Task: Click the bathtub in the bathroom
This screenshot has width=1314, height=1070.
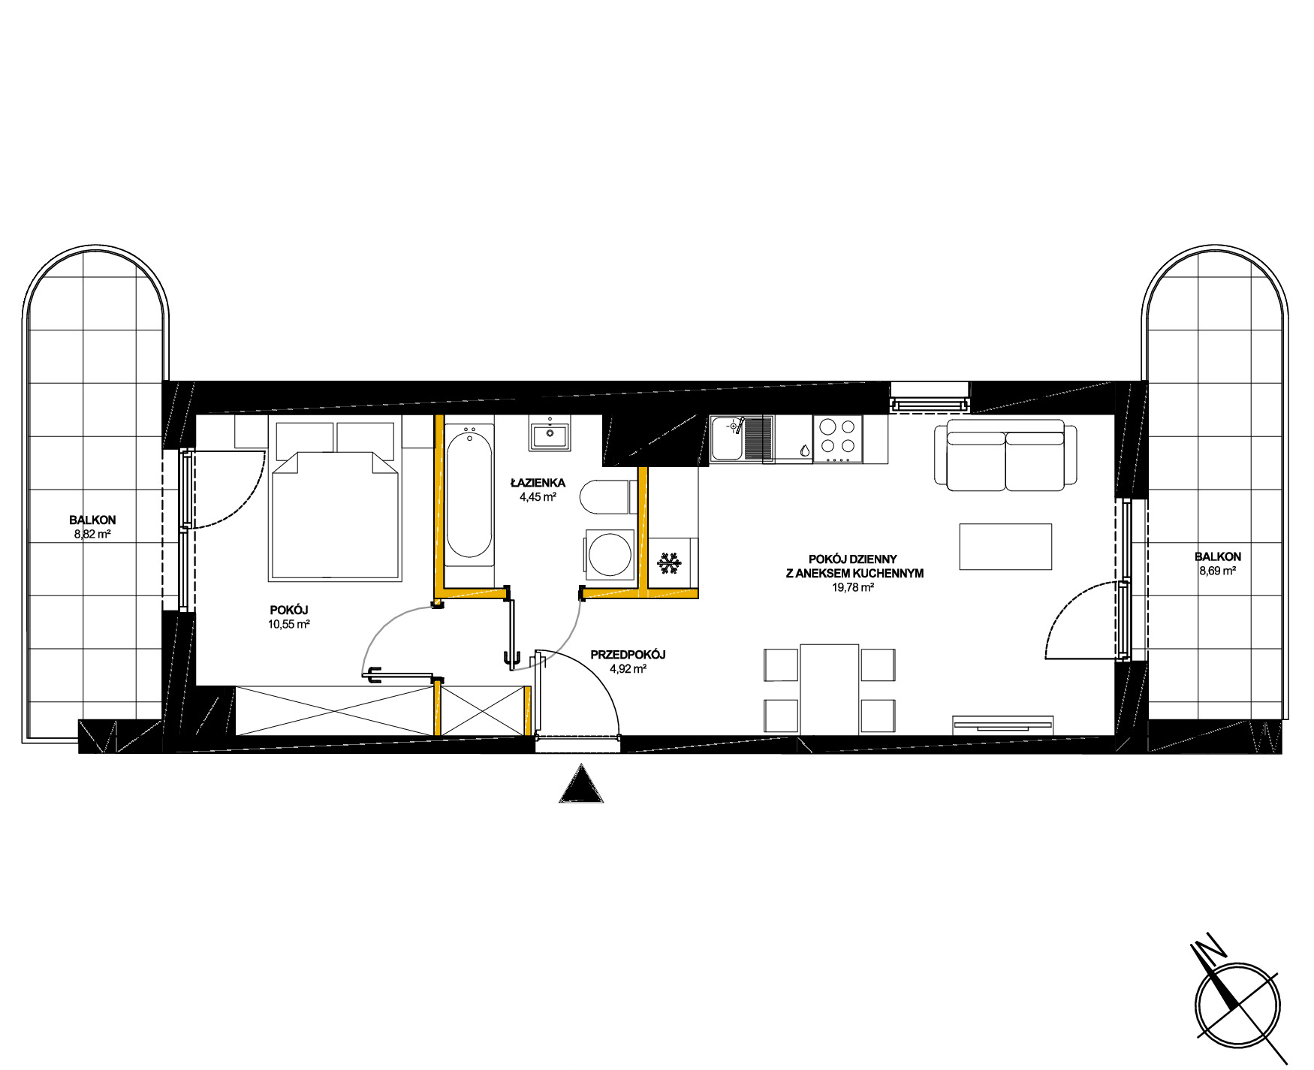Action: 469,495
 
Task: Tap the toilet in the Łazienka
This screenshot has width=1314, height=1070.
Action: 605,496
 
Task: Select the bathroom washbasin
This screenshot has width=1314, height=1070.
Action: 550,433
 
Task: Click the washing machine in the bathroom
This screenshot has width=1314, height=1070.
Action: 610,555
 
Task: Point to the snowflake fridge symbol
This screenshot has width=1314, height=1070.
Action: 668,564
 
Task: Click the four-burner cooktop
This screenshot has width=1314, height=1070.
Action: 838,439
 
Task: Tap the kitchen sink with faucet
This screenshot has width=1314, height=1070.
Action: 742,439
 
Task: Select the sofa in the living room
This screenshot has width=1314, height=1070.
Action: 1005,456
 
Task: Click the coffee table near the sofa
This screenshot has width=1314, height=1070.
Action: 1005,547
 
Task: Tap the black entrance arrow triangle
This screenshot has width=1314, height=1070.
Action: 581,784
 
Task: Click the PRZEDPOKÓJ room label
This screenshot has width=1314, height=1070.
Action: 628,655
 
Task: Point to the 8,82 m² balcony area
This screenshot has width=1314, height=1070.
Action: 92,535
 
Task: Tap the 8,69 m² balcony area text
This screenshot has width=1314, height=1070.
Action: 1217,571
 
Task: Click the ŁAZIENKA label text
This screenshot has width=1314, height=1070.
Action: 538,483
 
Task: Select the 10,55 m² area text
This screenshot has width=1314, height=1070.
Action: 289,624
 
